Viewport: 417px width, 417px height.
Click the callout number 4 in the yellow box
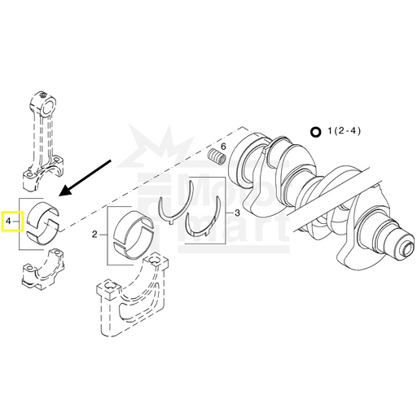8,222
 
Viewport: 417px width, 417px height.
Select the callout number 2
94,235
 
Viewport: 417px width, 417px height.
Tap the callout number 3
237,213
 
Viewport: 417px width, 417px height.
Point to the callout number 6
223,147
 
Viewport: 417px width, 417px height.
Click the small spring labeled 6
217,156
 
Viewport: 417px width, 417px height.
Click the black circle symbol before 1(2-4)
316,132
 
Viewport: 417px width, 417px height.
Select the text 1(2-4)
345,131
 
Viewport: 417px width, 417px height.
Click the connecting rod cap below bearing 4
43,267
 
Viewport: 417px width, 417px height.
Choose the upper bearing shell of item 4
43,214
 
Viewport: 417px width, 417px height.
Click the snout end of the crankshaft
407,247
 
